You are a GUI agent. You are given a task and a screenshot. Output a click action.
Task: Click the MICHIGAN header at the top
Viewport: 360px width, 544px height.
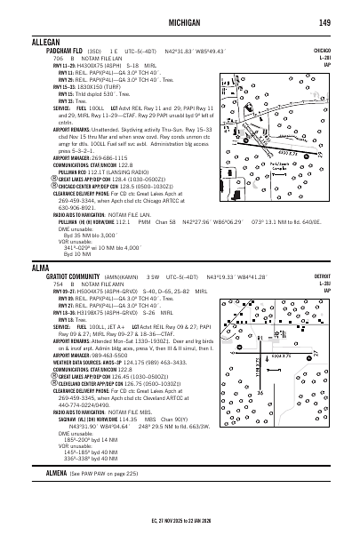point(188,21)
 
